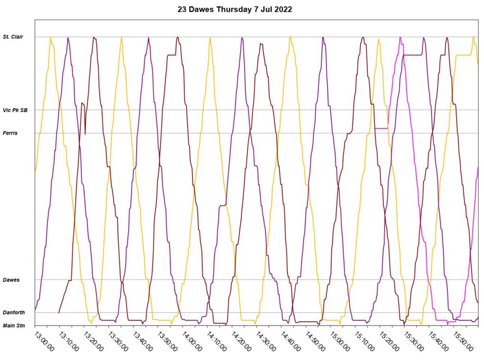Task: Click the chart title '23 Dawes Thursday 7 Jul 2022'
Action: (x=234, y=9)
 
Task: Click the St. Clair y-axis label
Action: (x=13, y=37)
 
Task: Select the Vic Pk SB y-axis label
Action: (x=15, y=110)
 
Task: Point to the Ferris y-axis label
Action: (x=10, y=133)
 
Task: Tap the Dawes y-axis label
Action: (x=11, y=280)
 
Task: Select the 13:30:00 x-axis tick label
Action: (x=118, y=341)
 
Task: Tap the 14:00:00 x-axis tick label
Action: (x=192, y=341)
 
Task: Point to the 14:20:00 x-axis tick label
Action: (x=241, y=341)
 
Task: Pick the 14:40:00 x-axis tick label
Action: (x=291, y=341)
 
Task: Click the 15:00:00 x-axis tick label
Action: (x=340, y=341)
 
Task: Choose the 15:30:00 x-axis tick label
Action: (x=414, y=341)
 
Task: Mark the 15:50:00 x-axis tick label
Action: (x=463, y=341)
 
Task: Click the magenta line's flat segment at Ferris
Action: (x=381, y=128)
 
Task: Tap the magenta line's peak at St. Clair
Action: (x=400, y=37)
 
